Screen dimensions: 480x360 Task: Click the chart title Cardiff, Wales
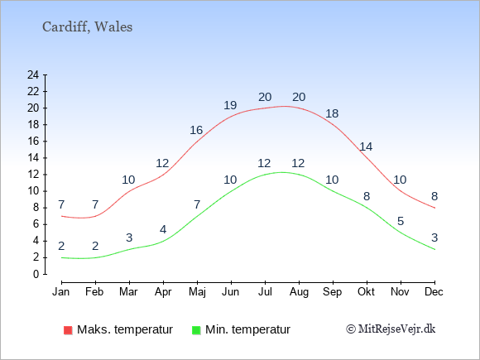tap(87, 27)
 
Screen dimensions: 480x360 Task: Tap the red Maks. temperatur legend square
tap(68, 330)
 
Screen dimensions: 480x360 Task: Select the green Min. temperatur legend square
tap(196, 330)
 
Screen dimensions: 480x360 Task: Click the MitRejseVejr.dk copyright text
tap(391, 329)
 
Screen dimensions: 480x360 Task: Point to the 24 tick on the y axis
tap(33, 74)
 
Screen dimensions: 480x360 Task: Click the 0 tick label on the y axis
tap(36, 274)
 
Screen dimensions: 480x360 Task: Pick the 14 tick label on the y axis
tap(33, 158)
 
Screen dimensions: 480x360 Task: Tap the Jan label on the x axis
tap(61, 292)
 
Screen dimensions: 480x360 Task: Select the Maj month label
tap(197, 292)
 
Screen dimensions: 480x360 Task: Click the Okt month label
tap(366, 292)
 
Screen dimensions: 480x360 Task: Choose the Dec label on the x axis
tap(434, 292)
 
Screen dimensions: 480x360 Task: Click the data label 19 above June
tap(230, 105)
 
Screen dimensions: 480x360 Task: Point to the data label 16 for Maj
tap(196, 130)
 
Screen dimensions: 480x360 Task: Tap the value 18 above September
tap(332, 113)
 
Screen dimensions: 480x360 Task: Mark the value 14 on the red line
tap(366, 147)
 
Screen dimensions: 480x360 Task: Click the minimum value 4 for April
tap(163, 229)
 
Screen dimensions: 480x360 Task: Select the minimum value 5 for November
tap(401, 221)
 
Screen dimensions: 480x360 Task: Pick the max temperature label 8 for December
tap(434, 196)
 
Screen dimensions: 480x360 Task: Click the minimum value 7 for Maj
tap(197, 204)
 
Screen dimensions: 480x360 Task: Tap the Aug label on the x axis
tap(299, 292)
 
